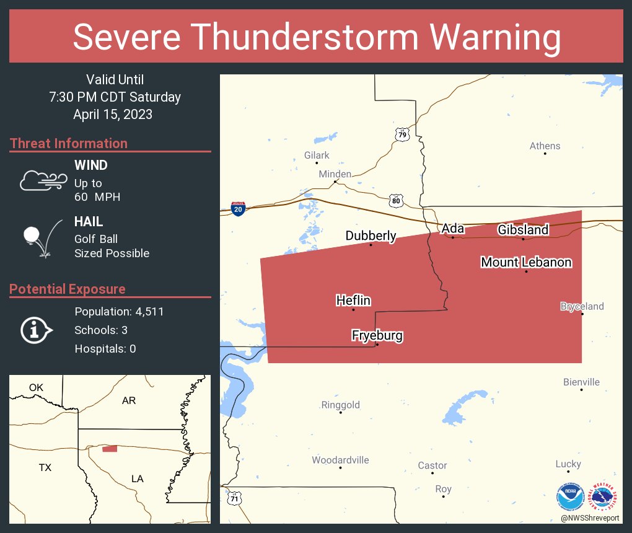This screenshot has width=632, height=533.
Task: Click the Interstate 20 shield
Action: tap(238, 208)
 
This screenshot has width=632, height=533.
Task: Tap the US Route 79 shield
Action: tap(403, 134)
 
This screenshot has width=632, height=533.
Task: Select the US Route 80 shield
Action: tap(397, 200)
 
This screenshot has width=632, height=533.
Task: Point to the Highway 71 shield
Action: tap(234, 498)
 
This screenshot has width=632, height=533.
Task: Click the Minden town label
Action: tap(335, 174)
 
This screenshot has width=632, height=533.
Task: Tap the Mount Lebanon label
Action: tap(526, 262)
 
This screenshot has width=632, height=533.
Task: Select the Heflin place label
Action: tap(353, 301)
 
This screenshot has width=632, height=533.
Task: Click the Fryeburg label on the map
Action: tap(377, 336)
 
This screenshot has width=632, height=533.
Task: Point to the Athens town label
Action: tap(545, 146)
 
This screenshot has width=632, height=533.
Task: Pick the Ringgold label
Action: tap(340, 405)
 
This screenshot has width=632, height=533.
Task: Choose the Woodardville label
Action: tap(340, 460)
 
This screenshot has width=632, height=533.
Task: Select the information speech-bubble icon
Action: tap(36, 330)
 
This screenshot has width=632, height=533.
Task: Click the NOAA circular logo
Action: tap(570, 497)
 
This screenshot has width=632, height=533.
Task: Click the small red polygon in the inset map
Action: tap(110, 449)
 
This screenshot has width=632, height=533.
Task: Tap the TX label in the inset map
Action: tap(45, 467)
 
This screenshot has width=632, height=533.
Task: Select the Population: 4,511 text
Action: tap(119, 312)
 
